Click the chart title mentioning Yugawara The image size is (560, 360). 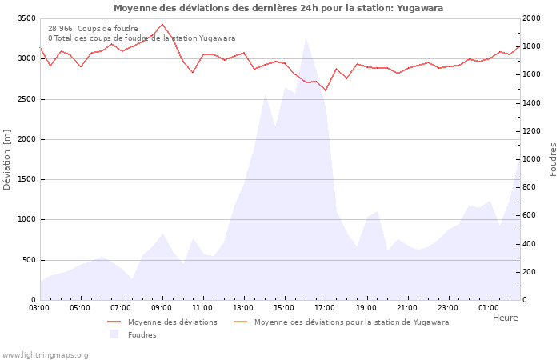(x=278, y=8)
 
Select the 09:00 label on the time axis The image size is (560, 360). (x=162, y=307)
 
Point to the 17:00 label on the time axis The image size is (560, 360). (x=326, y=307)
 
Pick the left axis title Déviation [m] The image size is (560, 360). (x=7, y=159)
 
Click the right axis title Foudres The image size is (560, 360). (x=553, y=159)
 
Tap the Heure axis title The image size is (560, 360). (x=505, y=318)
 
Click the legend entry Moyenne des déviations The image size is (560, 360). (x=172, y=322)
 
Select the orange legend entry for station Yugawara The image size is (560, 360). (x=351, y=322)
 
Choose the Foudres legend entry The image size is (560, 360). (x=142, y=335)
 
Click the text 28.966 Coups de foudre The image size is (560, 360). (x=93, y=29)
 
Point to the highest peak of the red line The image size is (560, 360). (x=162, y=24)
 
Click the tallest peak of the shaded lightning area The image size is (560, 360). (x=306, y=38)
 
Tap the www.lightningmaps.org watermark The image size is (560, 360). (x=45, y=355)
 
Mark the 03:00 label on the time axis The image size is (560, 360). (x=40, y=307)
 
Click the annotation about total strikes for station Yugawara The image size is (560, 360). (x=142, y=38)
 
